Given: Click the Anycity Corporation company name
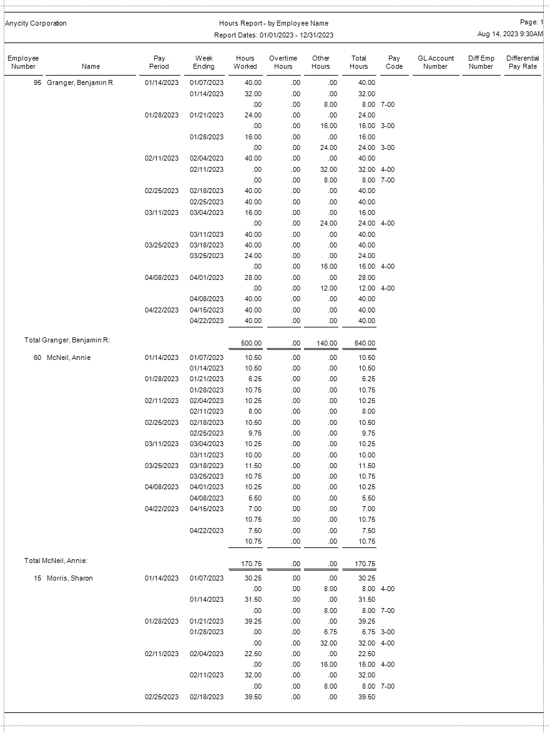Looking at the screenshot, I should click(x=36, y=24).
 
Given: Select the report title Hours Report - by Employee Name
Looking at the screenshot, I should click(x=273, y=24).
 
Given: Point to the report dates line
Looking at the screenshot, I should click(x=273, y=35).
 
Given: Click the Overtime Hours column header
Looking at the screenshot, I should click(x=283, y=62).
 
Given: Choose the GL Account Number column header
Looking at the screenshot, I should click(x=435, y=62).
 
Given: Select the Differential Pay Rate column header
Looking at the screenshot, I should click(x=523, y=62).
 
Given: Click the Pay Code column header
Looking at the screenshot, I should click(x=394, y=62).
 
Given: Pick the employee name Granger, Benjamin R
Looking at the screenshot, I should click(x=80, y=82).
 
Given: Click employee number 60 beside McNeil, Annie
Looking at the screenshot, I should click(x=37, y=357).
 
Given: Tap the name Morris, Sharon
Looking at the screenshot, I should click(x=70, y=578).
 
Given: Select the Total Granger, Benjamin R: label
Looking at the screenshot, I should click(x=67, y=341).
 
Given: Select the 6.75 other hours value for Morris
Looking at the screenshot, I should click(x=328, y=632).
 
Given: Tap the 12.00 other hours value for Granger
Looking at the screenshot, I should click(x=328, y=288).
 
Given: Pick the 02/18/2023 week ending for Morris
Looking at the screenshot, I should click(x=207, y=697).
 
